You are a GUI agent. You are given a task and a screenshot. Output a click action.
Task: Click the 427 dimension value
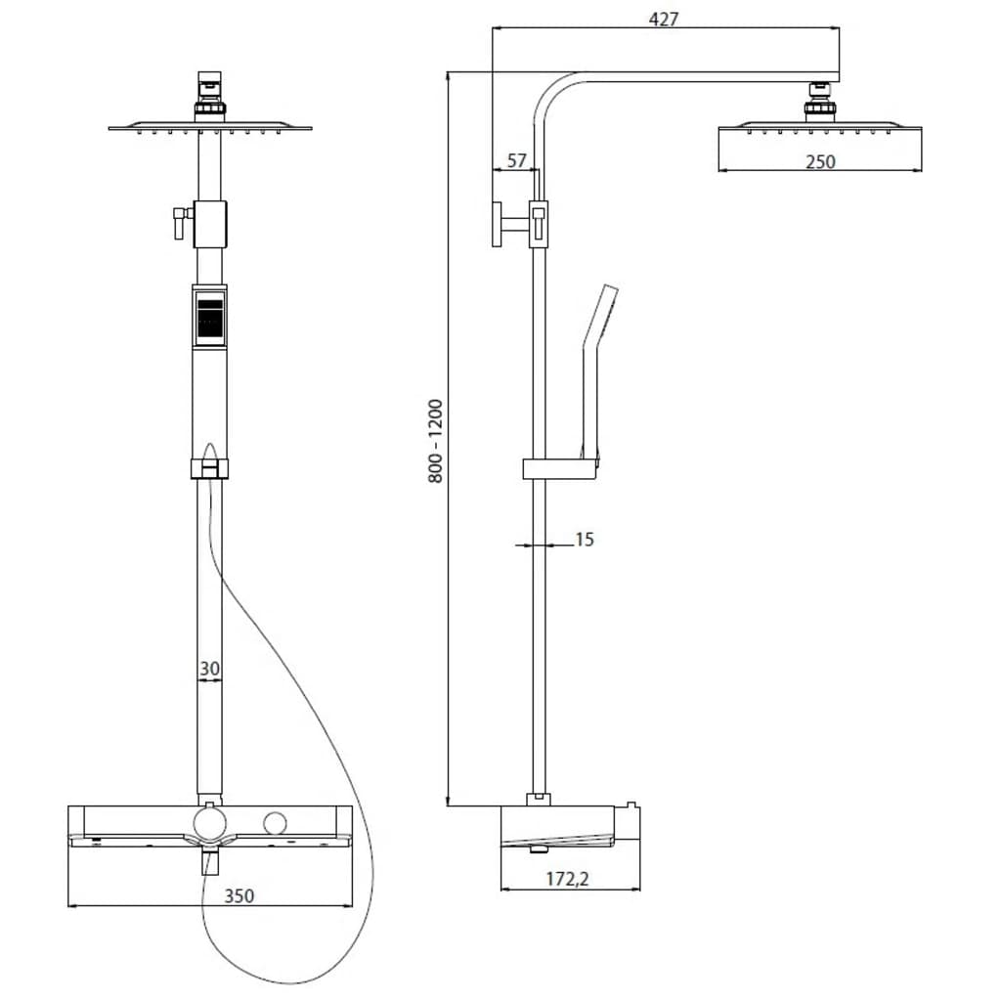click(x=664, y=18)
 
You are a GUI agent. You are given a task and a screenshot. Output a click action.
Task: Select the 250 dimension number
click(x=820, y=161)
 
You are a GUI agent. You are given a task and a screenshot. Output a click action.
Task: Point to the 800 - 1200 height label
click(x=435, y=440)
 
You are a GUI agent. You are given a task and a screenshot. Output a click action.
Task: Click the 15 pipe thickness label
click(x=584, y=539)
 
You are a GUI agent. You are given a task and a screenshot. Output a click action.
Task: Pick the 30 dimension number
click(x=209, y=670)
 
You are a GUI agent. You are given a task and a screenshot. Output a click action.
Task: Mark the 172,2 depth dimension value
click(x=569, y=880)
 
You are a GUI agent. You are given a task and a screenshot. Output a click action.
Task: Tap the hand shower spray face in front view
click(x=209, y=318)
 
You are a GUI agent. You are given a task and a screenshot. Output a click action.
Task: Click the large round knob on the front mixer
click(x=209, y=823)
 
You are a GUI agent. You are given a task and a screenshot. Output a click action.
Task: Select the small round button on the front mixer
click(x=277, y=822)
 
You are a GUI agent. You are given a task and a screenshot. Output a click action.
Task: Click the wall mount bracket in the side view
click(x=497, y=226)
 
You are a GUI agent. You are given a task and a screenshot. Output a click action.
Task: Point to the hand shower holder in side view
click(x=559, y=468)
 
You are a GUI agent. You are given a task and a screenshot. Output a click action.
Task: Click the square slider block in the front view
click(x=209, y=224)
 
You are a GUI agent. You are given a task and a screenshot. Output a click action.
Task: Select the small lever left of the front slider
click(x=178, y=222)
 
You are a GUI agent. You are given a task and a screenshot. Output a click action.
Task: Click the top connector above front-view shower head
click(x=209, y=84)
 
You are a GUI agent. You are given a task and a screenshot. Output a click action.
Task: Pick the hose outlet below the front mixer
click(x=209, y=861)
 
